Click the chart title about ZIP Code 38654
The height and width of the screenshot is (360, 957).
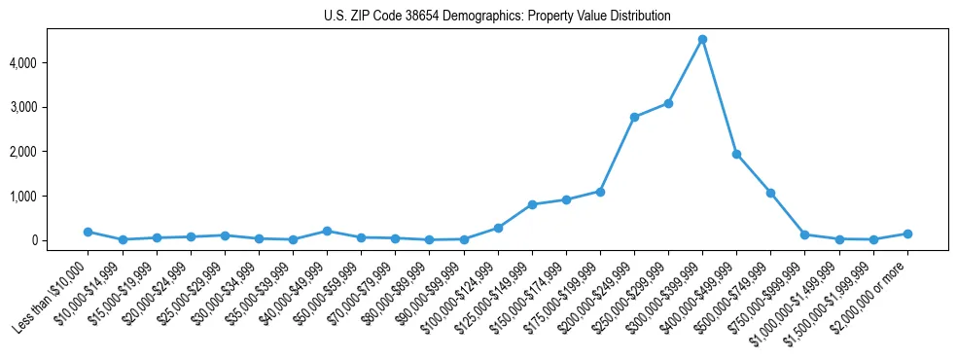497,17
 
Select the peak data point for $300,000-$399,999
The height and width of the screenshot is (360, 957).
702,40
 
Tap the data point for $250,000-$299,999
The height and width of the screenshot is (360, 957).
668,103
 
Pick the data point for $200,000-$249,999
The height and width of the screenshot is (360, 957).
634,117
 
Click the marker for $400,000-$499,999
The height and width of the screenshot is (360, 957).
736,154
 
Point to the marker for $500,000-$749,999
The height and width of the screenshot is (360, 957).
770,193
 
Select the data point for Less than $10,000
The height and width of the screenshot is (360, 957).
88,232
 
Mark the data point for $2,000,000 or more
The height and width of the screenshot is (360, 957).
907,234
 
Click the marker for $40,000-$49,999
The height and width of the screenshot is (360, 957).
327,231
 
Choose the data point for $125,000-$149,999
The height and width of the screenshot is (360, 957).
532,204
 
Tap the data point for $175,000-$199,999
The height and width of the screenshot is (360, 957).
600,192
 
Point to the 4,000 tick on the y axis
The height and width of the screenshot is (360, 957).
50,62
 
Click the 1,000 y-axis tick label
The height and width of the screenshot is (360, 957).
50,196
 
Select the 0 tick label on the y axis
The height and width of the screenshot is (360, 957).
60,240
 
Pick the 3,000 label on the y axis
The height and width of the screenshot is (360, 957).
50,107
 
